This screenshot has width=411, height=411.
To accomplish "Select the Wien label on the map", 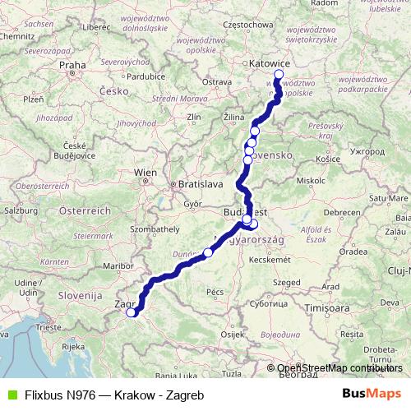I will tap(145, 173).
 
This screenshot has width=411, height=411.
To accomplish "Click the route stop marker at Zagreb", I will tap(131, 312).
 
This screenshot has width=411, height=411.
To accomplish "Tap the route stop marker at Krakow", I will tap(278, 75).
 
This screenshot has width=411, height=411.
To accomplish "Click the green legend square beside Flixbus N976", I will tap(11, 395).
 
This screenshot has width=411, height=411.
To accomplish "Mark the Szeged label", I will tap(288, 282).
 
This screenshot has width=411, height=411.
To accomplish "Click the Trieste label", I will tap(25, 327).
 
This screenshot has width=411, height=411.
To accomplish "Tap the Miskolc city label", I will tap(311, 179).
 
